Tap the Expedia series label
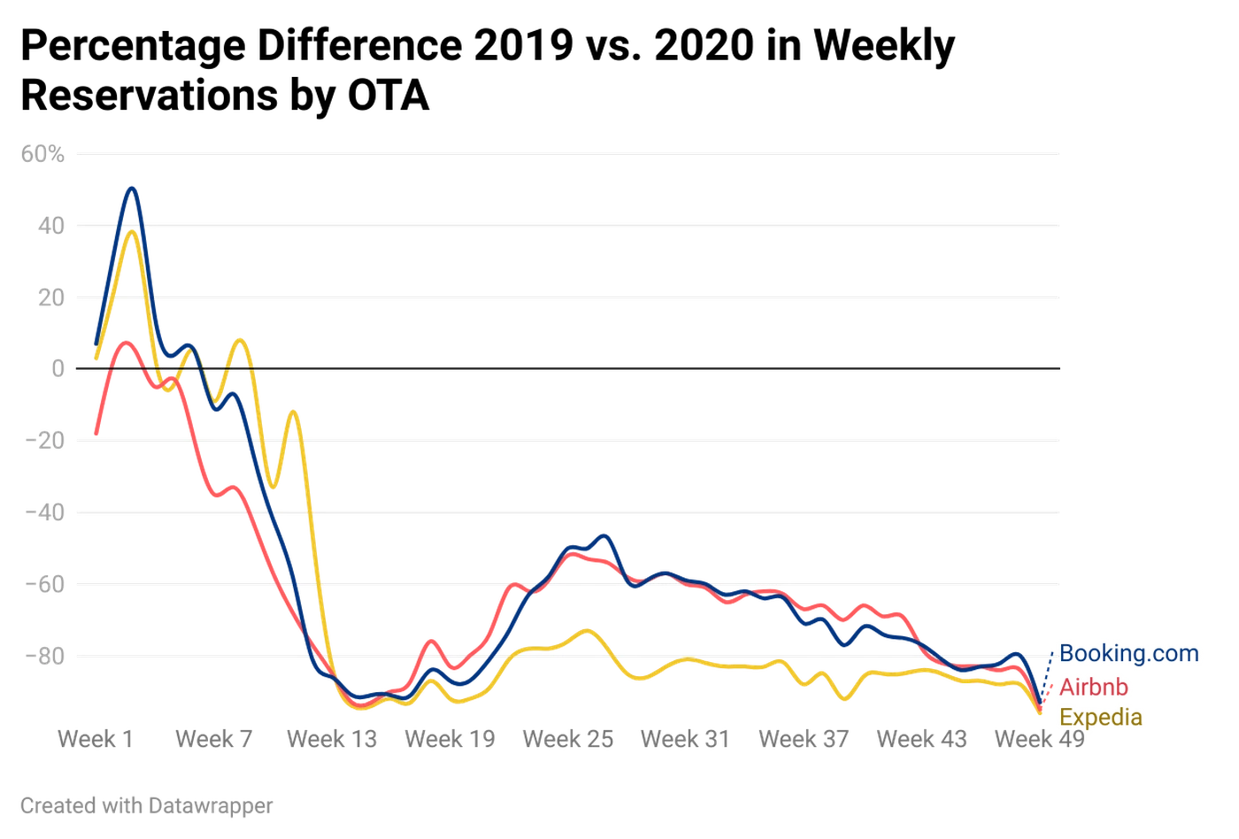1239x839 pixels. (1101, 717)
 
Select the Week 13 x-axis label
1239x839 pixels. (332, 737)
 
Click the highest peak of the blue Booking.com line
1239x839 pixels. (132, 188)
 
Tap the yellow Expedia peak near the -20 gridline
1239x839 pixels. (294, 409)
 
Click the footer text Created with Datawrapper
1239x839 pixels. (144, 806)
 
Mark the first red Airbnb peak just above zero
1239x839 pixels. (127, 339)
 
